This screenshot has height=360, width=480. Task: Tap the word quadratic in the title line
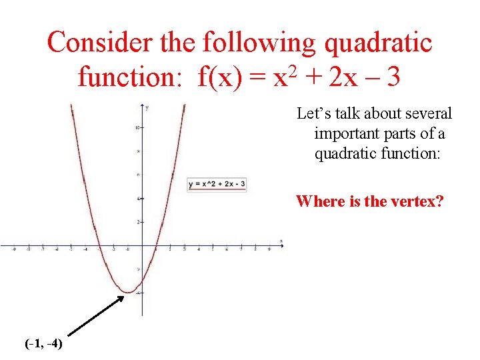(x=377, y=43)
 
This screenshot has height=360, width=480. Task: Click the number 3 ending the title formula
(x=393, y=77)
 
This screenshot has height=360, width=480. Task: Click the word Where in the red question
(x=320, y=201)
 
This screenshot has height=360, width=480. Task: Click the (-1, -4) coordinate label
(x=43, y=344)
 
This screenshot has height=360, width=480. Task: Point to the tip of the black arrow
(x=124, y=295)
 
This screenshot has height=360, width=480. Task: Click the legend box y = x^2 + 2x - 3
(x=217, y=183)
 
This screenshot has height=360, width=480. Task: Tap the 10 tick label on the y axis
(x=137, y=127)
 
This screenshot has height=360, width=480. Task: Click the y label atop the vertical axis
(x=146, y=108)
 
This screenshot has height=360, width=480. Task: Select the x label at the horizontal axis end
(x=281, y=241)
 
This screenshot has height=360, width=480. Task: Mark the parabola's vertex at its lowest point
(x=127, y=292)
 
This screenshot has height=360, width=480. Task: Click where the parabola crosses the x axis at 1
(x=156, y=245)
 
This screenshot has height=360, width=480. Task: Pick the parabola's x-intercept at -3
(x=99, y=245)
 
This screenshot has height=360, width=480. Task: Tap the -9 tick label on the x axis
(x=14, y=250)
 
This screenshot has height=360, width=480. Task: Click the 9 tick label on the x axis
(x=269, y=250)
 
